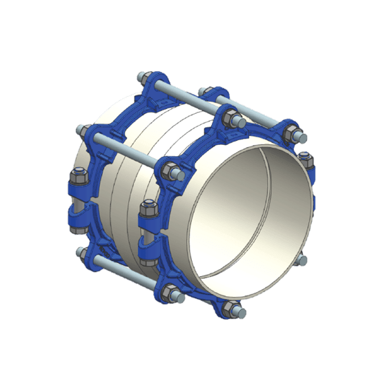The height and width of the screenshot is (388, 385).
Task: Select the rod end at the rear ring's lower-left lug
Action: (83, 251)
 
